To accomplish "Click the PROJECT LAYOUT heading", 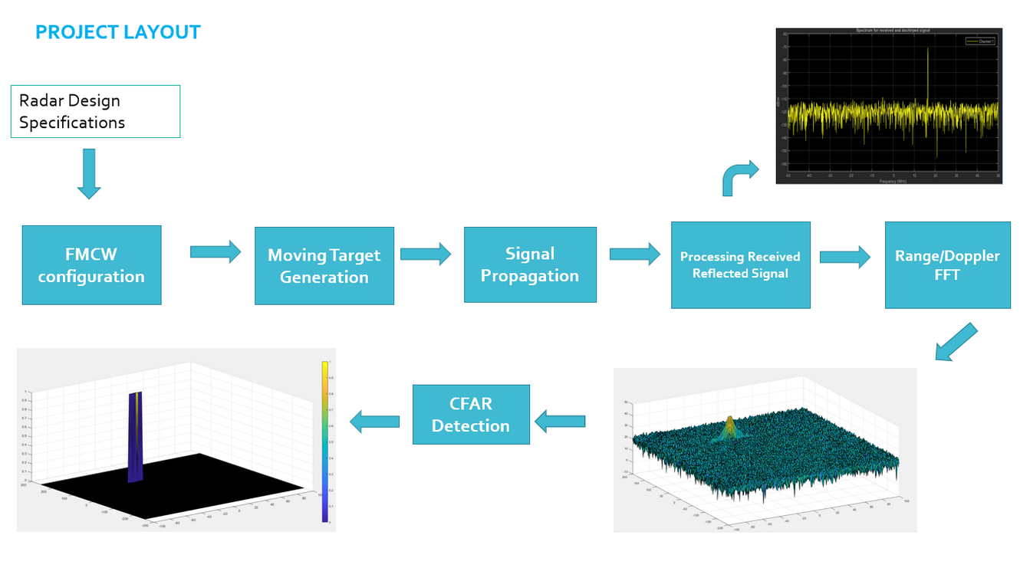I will pos(117,32).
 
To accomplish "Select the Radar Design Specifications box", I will pos(95,112).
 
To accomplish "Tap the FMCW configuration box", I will pos(91,265).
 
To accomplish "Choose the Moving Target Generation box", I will pos(324,266).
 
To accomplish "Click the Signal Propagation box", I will pos(530,264).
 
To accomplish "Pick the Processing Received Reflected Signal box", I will pos(740,265).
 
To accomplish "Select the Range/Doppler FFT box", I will pos(947,265).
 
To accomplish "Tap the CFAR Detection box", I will pos(471,415).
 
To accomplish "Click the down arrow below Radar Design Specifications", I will pos(89,174).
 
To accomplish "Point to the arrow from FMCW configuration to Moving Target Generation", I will pos(216,251).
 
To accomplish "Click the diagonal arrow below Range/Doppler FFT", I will pos(956,342).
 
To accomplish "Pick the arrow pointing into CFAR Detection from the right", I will pos(560,421).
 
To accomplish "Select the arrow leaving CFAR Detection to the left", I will pos(375,421).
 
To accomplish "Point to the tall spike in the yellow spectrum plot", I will pos(927,77).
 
